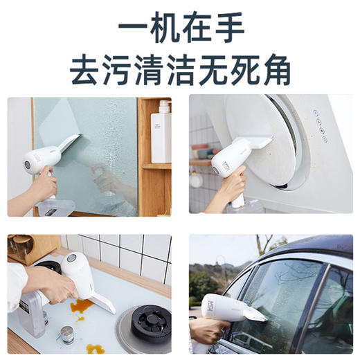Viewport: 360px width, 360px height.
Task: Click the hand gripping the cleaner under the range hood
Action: pyautogui.click(x=231, y=186)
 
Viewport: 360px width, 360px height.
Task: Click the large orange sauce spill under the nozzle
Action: pyautogui.click(x=82, y=306)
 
